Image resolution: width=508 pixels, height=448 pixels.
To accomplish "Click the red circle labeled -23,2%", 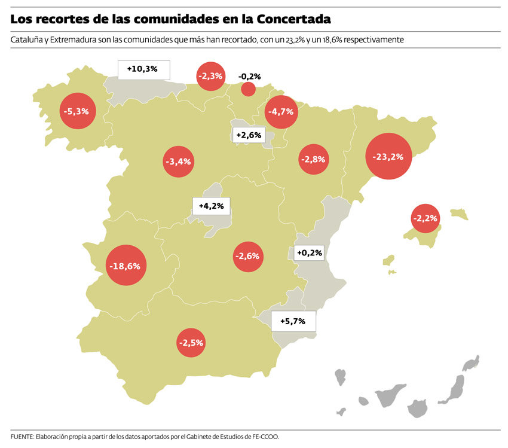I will tap(388, 157).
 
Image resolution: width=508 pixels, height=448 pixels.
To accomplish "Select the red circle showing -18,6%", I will tap(126, 266).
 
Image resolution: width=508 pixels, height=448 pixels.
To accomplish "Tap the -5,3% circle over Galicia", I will tap(78, 111).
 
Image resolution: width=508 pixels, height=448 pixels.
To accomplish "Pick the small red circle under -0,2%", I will tap(248, 89).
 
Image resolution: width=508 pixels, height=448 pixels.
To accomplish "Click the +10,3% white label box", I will tap(143, 69).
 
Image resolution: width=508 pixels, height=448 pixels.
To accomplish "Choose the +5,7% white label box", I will tap(293, 321).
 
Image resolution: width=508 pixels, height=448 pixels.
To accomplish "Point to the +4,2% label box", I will tap(212, 206).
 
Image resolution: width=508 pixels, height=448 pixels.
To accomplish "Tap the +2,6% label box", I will tap(249, 135).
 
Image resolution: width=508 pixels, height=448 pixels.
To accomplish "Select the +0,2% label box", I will tap(309, 253).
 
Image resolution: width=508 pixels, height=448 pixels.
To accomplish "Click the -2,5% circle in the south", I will tap(191, 343).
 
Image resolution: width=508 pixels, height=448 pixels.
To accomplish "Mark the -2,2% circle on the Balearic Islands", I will tap(426, 218).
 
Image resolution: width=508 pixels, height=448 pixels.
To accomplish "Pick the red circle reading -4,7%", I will tap(280, 111).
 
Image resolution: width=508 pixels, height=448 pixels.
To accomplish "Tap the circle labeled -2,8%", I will tap(313, 159).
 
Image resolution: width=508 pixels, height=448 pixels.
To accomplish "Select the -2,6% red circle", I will tap(247, 256).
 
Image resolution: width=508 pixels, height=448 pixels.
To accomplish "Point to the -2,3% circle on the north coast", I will tap(210, 76).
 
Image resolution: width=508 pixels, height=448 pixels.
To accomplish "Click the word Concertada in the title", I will tap(294, 19).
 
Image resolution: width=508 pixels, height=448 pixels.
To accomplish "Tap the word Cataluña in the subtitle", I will tap(26, 40).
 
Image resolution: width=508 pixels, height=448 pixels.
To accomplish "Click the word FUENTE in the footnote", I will tap(22, 437).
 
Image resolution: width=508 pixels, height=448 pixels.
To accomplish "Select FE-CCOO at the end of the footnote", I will tap(266, 437).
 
